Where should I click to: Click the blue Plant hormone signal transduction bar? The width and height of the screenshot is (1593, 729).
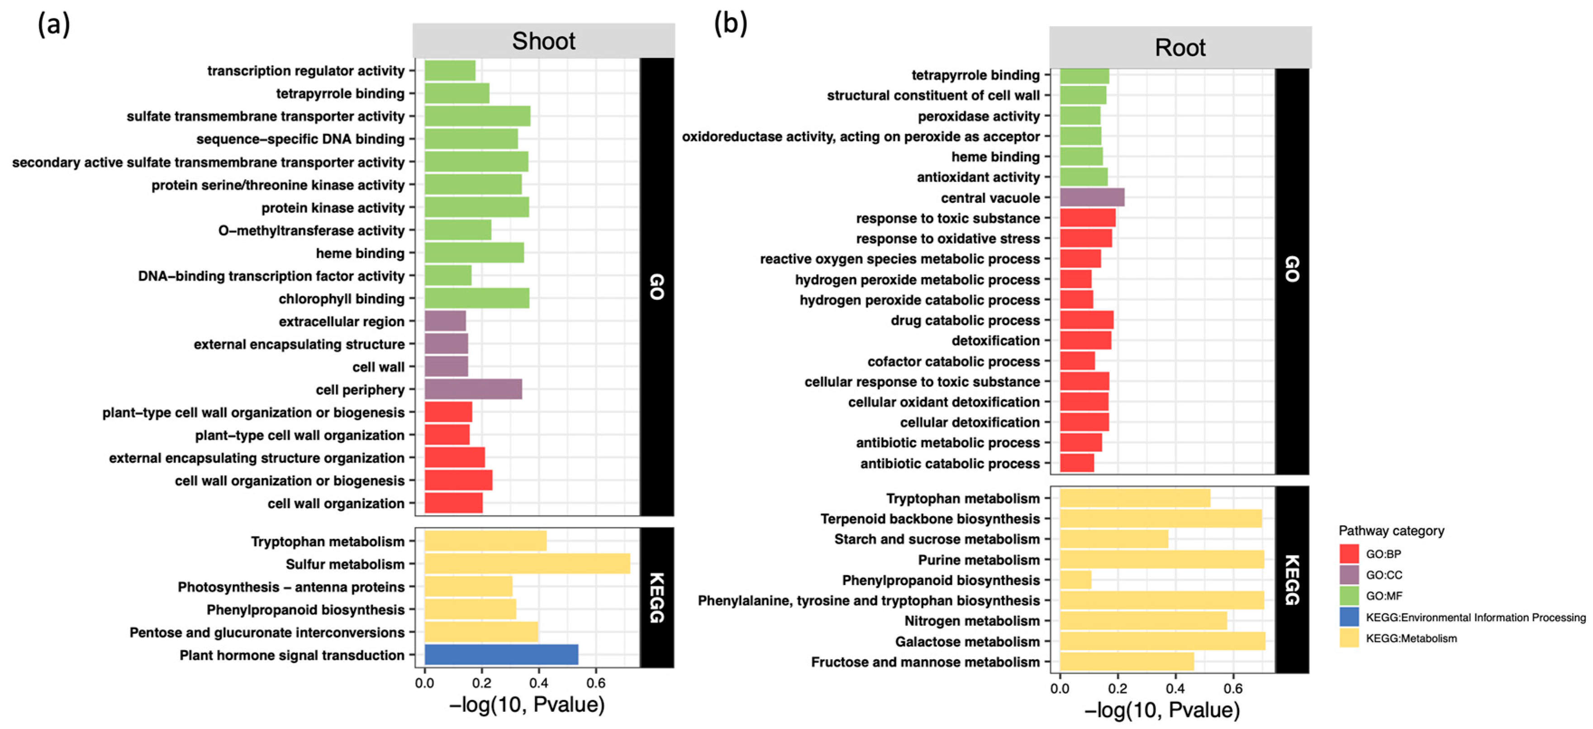pyautogui.click(x=501, y=655)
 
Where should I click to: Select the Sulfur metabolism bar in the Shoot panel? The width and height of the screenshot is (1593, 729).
pyautogui.click(x=527, y=564)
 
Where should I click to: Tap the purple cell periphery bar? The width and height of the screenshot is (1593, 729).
pyautogui.click(x=473, y=389)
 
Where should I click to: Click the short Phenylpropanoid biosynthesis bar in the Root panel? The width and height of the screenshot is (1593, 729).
pyautogui.click(x=1075, y=580)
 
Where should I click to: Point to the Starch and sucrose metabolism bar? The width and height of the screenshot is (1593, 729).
pyautogui.click(x=1114, y=539)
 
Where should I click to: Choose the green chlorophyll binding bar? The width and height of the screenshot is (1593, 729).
pyautogui.click(x=477, y=298)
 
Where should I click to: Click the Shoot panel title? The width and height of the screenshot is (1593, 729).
pyautogui.click(x=543, y=41)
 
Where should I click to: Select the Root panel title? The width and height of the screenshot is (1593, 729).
pyautogui.click(x=1180, y=47)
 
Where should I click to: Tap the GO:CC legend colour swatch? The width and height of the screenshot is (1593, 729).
pyautogui.click(x=1349, y=575)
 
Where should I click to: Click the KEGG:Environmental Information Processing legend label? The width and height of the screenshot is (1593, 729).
pyautogui.click(x=1475, y=617)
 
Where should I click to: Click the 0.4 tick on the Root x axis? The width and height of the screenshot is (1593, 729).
pyautogui.click(x=1175, y=688)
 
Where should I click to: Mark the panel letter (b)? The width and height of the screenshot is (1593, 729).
pyautogui.click(x=730, y=24)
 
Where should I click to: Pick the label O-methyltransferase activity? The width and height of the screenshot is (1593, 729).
pyautogui.click(x=311, y=230)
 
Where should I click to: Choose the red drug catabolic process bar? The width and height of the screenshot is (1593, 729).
pyautogui.click(x=1087, y=320)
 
